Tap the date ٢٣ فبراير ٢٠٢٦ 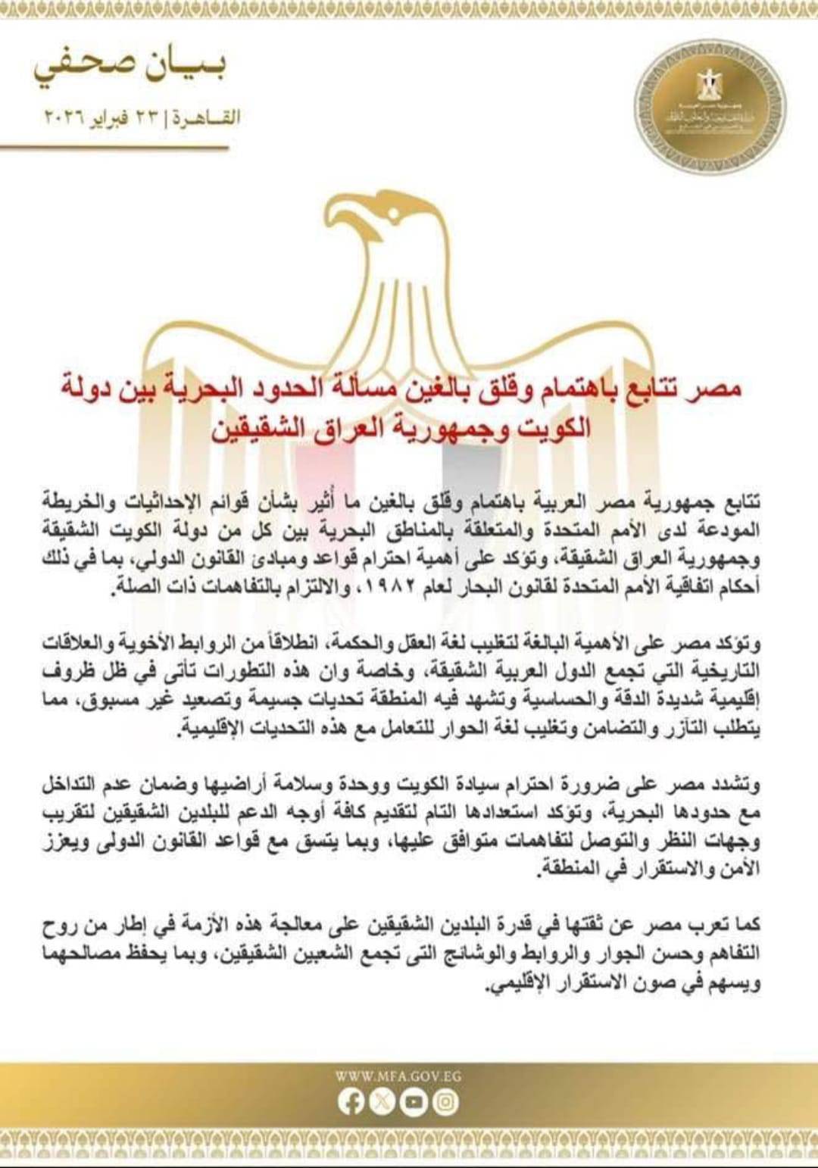pos(105,118)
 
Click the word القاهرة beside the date pos(207,118)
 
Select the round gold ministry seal pos(709,106)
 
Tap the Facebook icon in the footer pos(351,1101)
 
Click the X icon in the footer pos(382,1101)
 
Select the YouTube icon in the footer pos(414,1101)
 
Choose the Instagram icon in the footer pos(445,1101)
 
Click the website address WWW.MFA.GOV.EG pos(398,1076)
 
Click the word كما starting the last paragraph pos(746,925)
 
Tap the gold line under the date pos(114,148)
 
